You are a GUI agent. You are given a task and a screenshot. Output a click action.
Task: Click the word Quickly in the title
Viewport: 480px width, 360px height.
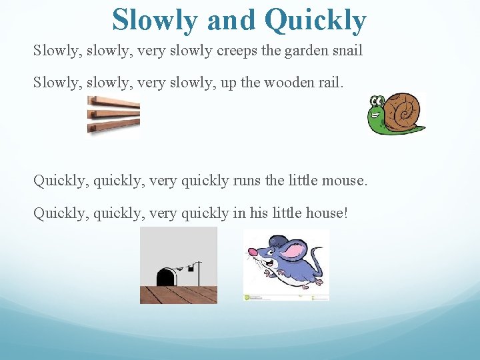pyautogui.click(x=315, y=20)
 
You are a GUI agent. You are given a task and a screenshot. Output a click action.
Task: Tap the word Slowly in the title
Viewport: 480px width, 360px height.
pyautogui.click(x=155, y=20)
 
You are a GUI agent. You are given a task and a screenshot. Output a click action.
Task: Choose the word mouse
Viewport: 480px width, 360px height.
pyautogui.click(x=347, y=181)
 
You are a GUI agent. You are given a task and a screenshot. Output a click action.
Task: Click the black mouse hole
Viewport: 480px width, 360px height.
pyautogui.click(x=166, y=277)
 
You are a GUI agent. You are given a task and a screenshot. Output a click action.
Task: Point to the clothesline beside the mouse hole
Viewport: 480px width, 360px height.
pyautogui.click(x=187, y=267)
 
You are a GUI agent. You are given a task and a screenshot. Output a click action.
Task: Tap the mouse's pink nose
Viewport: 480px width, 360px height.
pyautogui.click(x=253, y=252)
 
